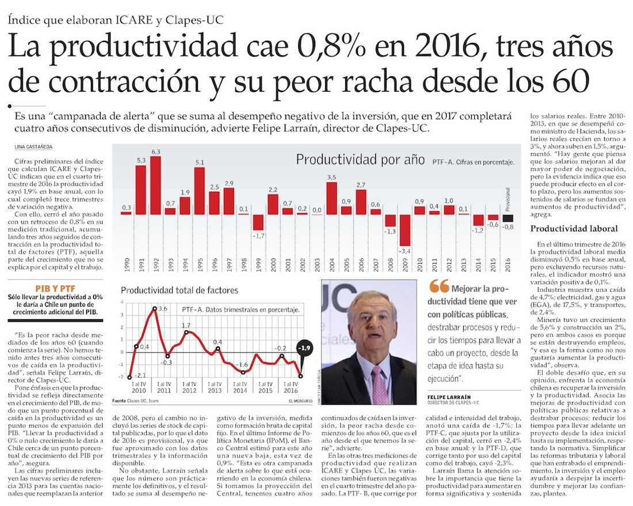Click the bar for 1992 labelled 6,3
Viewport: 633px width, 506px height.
point(155,185)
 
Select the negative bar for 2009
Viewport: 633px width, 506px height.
point(405,230)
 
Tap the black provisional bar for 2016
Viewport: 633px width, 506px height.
point(508,218)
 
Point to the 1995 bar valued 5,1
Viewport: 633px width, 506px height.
point(200,191)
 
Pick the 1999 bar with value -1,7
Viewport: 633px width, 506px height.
point(258,222)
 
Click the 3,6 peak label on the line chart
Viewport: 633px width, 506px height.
point(162,309)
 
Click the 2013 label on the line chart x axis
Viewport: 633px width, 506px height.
point(214,390)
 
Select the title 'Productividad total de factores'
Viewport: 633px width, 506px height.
point(179,290)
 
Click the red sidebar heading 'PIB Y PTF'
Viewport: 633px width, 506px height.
point(55,288)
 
